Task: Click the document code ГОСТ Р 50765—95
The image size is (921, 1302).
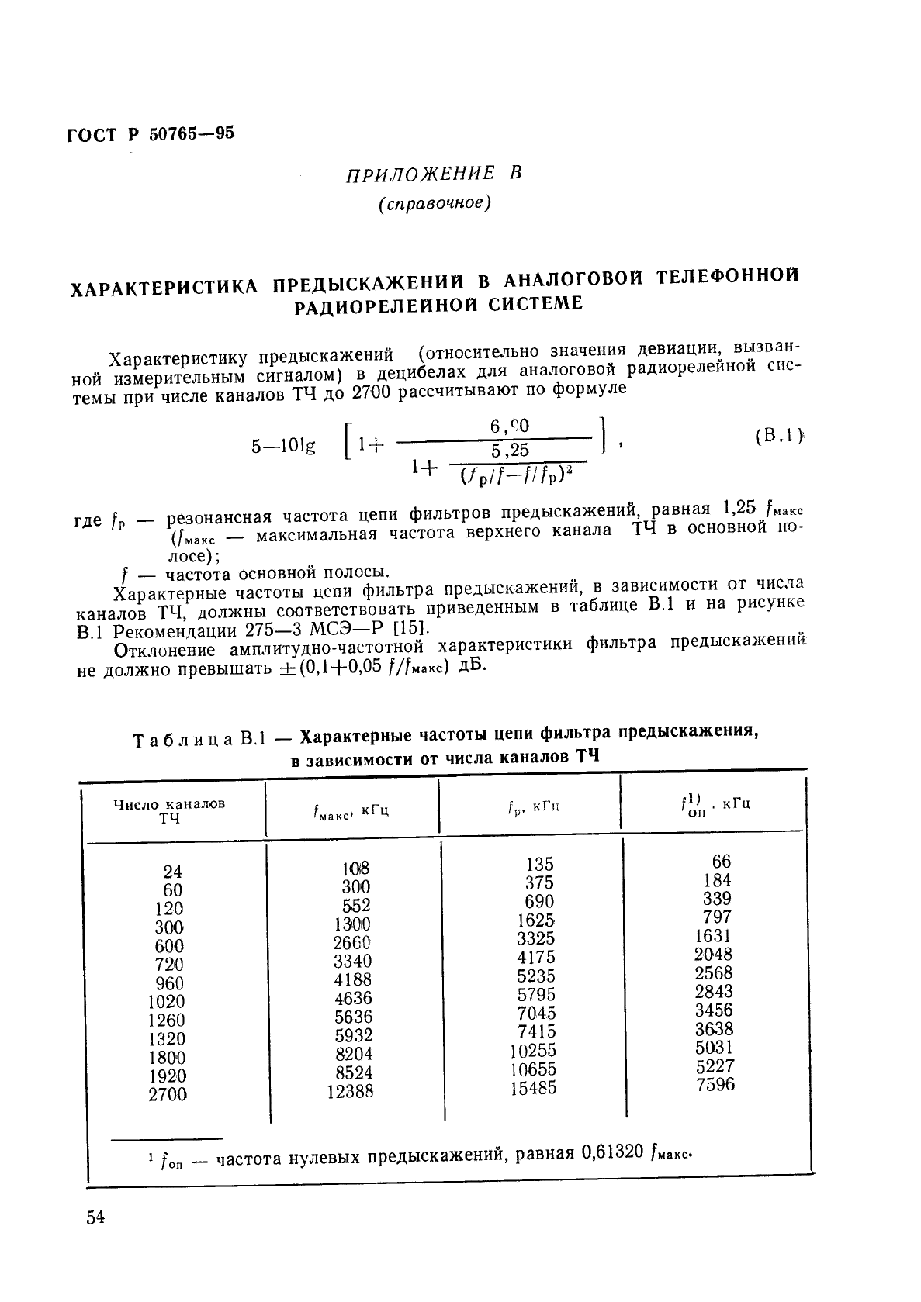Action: click(x=150, y=134)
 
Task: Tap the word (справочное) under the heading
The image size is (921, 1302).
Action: click(x=435, y=204)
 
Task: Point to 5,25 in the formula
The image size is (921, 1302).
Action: click(x=510, y=450)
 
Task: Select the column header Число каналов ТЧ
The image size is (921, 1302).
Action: click(x=169, y=810)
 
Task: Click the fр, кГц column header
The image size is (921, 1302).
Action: click(x=533, y=807)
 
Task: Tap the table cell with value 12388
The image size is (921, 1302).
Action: click(x=351, y=1091)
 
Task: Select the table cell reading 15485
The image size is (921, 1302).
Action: click(x=533, y=1088)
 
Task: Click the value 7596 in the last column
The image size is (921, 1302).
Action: click(x=715, y=1084)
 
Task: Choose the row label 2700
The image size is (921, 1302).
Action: click(x=168, y=1094)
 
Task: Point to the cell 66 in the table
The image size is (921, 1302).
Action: click(x=722, y=862)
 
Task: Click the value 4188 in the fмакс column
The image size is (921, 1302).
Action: click(x=352, y=979)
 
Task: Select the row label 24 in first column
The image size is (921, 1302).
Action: click(x=173, y=872)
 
